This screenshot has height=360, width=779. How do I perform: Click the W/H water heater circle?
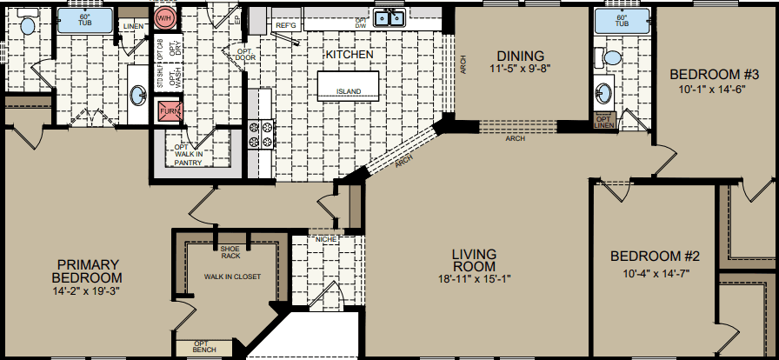point(164,16)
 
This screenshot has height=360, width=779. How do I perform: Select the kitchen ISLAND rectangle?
point(349,83)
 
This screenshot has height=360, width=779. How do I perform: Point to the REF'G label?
point(286,26)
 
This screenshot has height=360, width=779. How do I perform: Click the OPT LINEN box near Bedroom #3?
point(603,121)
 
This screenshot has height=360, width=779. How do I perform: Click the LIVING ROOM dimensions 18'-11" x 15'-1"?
point(474,279)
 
